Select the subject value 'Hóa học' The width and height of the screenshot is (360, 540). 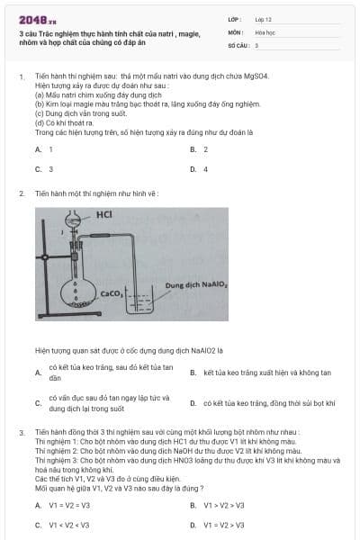pyautogui.click(x=265, y=31)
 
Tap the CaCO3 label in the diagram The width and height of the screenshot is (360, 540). pyautogui.click(x=112, y=292)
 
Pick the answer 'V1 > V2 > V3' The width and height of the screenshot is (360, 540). pyautogui.click(x=223, y=505)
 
